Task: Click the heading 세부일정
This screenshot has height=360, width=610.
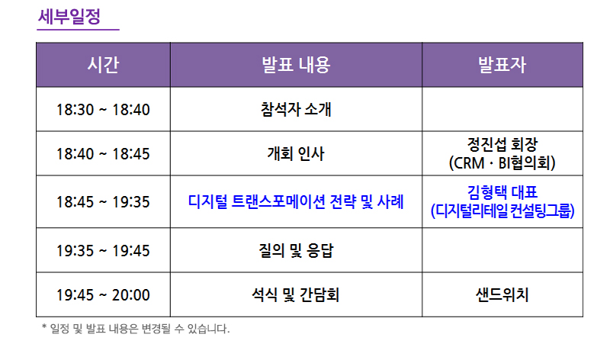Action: coord(69,16)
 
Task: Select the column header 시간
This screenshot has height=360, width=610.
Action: coord(103,65)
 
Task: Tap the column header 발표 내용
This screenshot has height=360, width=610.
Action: coord(296,65)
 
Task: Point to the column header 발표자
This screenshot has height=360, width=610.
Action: coord(502,65)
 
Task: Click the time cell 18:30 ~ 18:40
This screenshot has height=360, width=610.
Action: coord(103,109)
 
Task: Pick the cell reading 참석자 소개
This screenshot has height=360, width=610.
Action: coord(296,109)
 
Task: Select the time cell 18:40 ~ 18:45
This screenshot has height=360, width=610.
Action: coord(103,154)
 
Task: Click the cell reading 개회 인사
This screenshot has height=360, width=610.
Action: coord(296,153)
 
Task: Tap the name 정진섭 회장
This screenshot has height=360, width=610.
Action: coord(502,144)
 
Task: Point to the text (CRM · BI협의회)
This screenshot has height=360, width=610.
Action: coord(502,162)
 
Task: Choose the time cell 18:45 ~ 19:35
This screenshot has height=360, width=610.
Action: coord(103,202)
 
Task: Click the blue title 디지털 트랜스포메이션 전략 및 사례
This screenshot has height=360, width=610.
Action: coord(296,201)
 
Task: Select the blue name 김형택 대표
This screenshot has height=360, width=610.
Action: coord(502,192)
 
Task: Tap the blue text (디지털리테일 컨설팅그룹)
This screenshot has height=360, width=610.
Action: coord(502,211)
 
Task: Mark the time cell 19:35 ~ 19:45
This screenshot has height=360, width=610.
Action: coord(103,251)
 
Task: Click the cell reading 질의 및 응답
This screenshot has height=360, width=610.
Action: coord(296,250)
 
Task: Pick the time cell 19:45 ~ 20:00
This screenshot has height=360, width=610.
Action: coord(103,295)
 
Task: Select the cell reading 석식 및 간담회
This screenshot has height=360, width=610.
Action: coord(296,294)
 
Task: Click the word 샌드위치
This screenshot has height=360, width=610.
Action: coord(502,294)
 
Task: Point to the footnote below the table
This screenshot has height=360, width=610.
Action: coord(136,329)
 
